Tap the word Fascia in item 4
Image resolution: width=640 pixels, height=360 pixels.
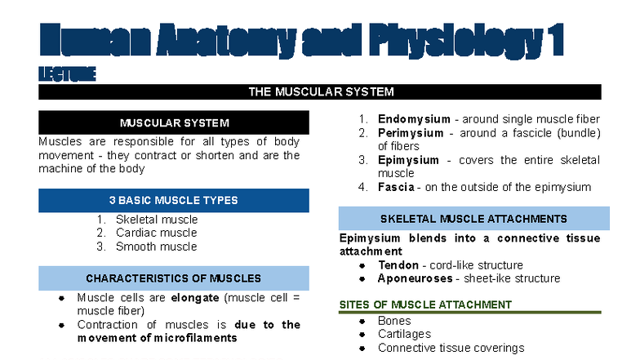coord(396,187)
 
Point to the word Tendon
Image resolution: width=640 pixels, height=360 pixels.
coord(398,265)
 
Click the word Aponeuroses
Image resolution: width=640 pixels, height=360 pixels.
coord(413,278)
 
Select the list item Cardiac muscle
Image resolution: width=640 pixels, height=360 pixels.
coord(156,233)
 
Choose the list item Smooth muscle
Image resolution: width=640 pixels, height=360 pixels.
coord(156,246)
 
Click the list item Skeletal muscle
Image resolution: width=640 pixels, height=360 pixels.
coord(157,220)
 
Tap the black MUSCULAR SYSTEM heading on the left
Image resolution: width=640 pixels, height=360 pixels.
coord(174,123)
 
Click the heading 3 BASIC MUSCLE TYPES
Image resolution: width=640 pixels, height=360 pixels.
coord(174,200)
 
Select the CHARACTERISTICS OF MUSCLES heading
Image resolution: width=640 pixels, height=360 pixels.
coord(174,278)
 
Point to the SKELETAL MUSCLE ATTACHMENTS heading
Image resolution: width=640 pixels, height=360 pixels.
coord(473,219)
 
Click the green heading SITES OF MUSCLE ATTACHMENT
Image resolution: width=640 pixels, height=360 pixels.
coord(425,304)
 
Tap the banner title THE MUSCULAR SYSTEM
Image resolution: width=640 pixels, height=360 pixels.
coord(321,91)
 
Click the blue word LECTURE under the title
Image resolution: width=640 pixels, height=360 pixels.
coord(67,74)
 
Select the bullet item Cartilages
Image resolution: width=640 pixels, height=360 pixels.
coord(404,334)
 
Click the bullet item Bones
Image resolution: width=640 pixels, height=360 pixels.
coord(394,321)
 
